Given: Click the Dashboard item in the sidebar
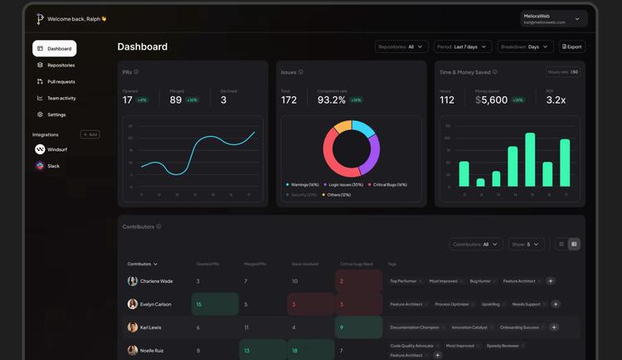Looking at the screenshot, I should [55, 49].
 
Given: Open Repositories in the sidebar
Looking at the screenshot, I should [61, 65].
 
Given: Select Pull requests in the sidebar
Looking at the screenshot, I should [61, 81].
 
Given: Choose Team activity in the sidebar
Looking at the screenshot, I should [61, 98].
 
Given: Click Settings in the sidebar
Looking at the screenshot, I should [56, 114].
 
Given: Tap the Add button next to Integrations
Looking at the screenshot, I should [90, 134].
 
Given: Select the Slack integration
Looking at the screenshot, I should [53, 166].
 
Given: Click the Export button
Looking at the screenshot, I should [571, 47].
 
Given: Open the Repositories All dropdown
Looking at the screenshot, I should [401, 47].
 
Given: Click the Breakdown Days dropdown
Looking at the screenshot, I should [527, 47].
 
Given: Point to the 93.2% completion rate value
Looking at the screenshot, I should [332, 100].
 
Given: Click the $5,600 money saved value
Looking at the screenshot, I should [492, 100].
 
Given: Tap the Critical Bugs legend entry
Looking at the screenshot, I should [389, 184].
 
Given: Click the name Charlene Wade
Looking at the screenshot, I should [156, 281].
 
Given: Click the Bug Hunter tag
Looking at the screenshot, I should [480, 281].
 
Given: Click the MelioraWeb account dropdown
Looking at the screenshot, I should [555, 18].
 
